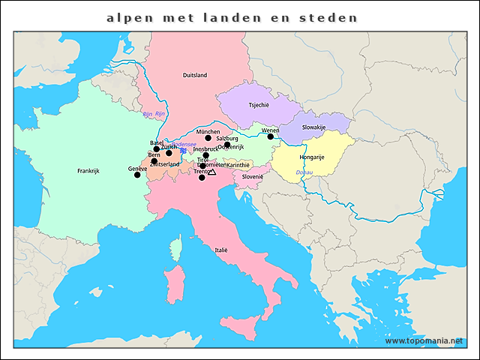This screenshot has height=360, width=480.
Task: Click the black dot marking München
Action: tap(208, 138)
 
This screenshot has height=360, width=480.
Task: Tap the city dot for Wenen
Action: tap(271, 136)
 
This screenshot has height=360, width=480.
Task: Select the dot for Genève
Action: tap(136, 175)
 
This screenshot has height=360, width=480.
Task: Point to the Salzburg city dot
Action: tap(227, 145)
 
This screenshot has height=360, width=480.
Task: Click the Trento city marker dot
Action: tap(201, 178)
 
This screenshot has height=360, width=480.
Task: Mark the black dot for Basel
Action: tap(157, 149)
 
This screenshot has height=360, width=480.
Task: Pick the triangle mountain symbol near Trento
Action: tap(211, 172)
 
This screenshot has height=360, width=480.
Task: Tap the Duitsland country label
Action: tap(194, 75)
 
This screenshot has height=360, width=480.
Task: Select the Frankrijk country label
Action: tap(88, 171)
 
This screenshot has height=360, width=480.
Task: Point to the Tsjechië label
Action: tap(259, 106)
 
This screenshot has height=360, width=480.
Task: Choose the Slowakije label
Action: tap(313, 127)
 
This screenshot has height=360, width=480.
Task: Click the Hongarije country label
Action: tap(311, 157)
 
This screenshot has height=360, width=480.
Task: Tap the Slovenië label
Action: tap(252, 177)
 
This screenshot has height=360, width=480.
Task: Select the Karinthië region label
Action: tap(238, 165)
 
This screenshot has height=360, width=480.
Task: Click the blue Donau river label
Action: tap(305, 172)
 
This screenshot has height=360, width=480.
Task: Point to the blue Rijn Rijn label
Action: tap(153, 114)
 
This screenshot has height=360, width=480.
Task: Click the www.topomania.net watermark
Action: tap(430, 340)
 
